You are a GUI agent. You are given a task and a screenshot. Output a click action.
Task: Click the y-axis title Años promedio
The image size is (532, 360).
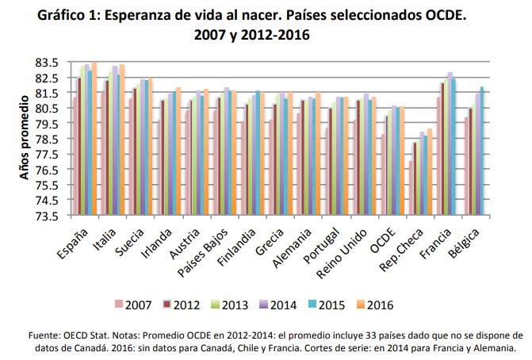pyautogui.click(x=25, y=139)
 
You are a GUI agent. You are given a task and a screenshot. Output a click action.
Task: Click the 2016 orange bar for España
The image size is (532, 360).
pyautogui.click(x=94, y=138)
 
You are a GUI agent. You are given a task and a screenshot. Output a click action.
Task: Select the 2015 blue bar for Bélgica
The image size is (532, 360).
pyautogui.click(x=482, y=151)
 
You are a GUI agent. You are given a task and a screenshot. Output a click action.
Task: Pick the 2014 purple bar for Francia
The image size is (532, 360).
pyautogui.click(x=450, y=144)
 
